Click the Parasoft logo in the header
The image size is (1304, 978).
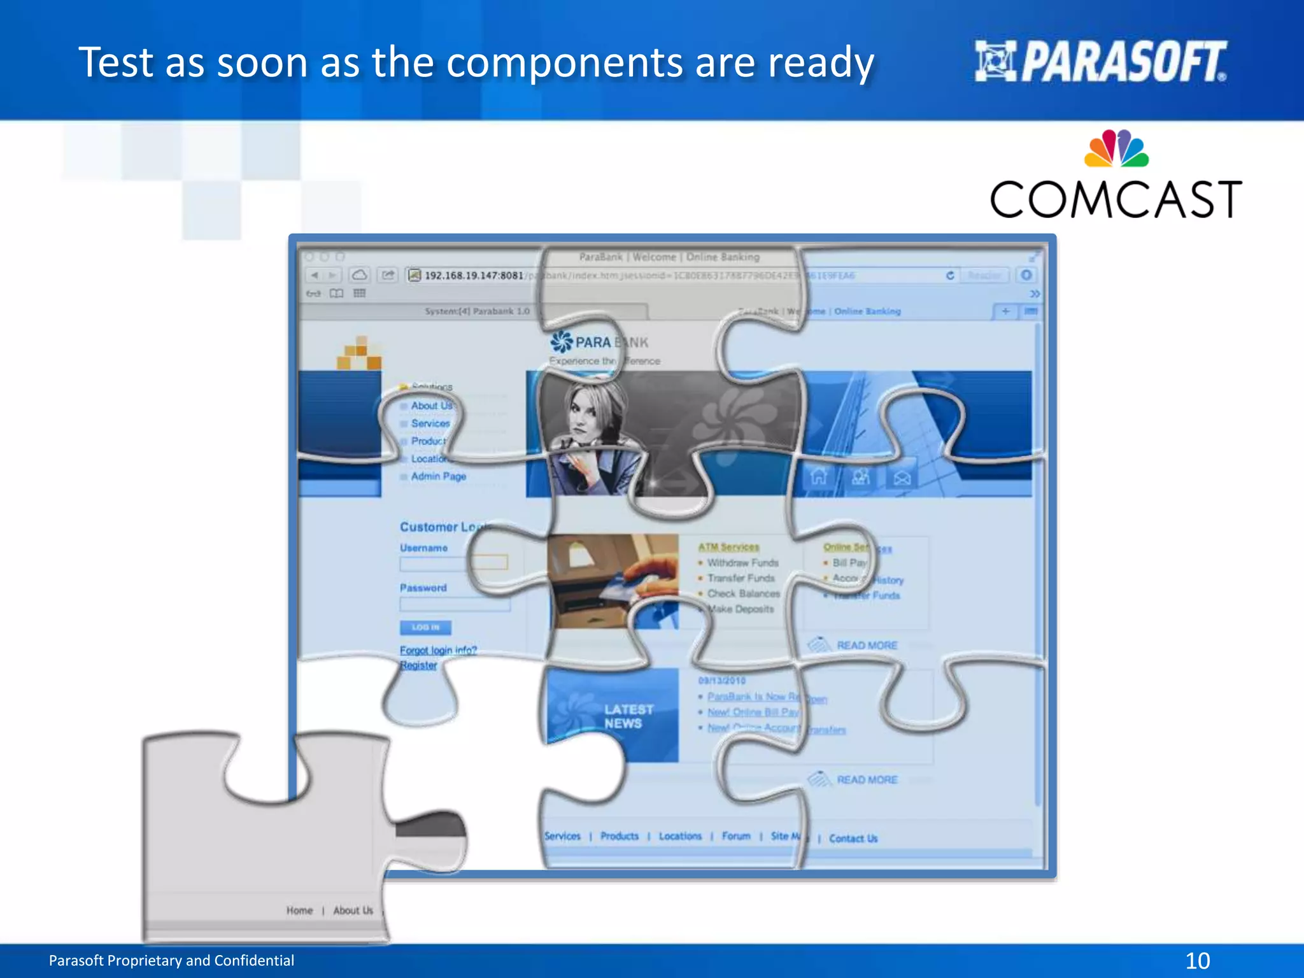pos(1100,62)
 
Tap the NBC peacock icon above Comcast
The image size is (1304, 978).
pos(1116,149)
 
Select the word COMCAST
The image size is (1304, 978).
pos(1116,200)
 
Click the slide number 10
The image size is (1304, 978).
pos(1197,960)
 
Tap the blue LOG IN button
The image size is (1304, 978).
pos(425,628)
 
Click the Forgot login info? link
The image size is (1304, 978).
pos(438,650)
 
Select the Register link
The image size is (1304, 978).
pos(418,665)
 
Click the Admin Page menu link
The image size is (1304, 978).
pos(438,476)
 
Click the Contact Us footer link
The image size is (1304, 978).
pos(853,839)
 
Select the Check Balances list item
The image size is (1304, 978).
pos(743,593)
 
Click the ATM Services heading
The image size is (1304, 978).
pos(728,547)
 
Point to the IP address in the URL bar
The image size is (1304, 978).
pos(474,276)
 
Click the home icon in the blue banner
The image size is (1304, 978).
pos(818,476)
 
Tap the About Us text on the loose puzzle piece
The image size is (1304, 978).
pos(353,911)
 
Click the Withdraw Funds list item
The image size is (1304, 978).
pos(742,563)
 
